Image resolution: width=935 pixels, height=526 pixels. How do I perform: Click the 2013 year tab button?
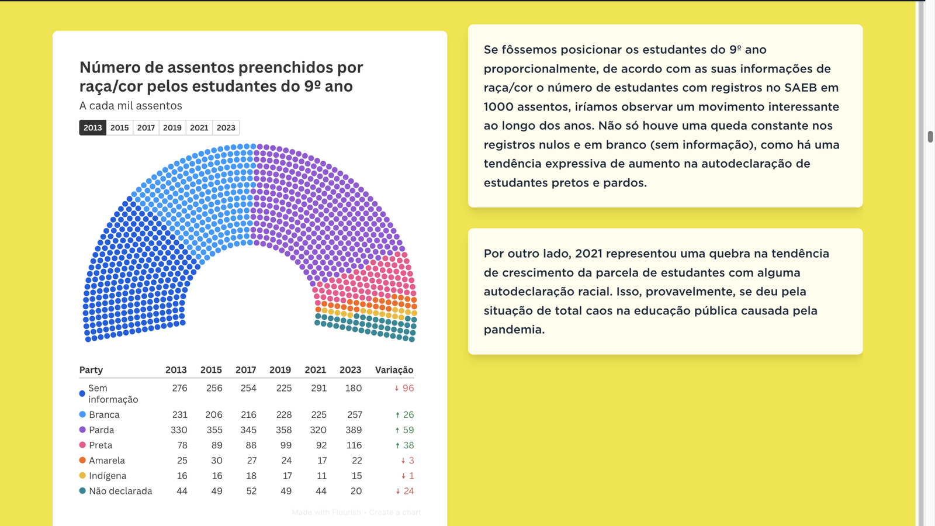coord(92,127)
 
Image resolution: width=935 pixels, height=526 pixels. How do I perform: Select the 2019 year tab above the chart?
coord(172,127)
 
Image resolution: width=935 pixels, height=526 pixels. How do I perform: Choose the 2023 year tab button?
coord(226,127)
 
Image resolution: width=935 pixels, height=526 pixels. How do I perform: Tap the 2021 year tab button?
coord(199,127)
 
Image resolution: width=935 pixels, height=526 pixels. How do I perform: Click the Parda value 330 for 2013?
coord(179,430)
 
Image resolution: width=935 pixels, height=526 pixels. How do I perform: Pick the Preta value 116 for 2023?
coord(354,445)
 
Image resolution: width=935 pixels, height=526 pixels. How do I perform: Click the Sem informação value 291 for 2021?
coord(318,388)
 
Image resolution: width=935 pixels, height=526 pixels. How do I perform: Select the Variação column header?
coord(394,370)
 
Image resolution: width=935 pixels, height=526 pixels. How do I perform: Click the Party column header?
coord(91,370)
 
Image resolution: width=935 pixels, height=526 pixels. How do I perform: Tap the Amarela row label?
coord(107,461)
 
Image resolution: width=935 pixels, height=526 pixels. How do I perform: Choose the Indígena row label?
coord(108,476)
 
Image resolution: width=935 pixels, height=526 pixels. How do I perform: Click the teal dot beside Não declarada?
coord(82,491)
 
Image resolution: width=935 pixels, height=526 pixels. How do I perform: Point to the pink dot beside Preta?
coord(82,445)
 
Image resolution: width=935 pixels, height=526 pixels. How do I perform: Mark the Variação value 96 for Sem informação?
coord(407,388)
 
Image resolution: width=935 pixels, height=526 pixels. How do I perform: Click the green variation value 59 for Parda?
coord(408,430)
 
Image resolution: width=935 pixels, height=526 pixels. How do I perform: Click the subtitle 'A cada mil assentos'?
coord(131,106)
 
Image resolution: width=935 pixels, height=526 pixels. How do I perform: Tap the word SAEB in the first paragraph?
coord(801,88)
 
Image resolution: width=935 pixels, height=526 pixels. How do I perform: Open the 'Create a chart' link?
coord(395,513)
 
